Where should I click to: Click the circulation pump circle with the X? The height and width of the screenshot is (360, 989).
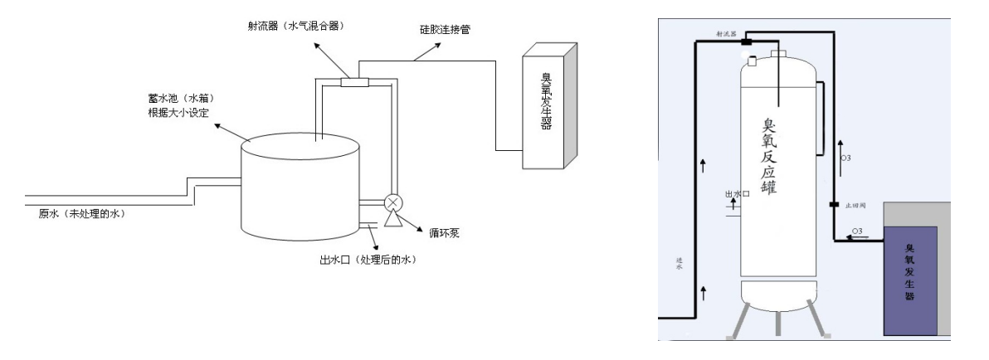click(x=390, y=203)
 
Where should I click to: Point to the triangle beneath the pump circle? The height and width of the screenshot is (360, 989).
click(x=390, y=221)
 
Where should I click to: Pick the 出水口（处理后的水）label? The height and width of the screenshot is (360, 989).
click(x=367, y=260)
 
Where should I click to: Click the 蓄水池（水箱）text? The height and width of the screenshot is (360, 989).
click(x=171, y=99)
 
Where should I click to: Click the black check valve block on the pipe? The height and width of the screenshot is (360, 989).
click(x=834, y=204)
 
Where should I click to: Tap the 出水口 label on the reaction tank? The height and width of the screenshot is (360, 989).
click(x=737, y=193)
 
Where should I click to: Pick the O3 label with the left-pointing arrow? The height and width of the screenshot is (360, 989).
click(x=856, y=231)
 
